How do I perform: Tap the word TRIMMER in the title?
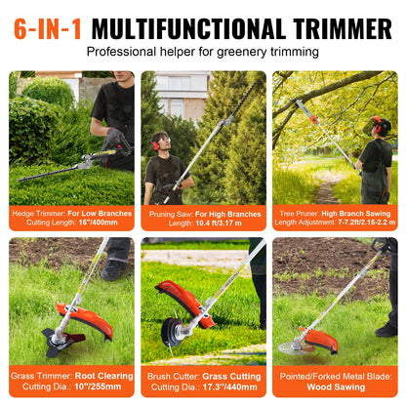point(335,26)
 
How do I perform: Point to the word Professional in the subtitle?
point(123,51)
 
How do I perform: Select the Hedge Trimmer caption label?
point(38,212)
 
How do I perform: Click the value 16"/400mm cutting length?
point(92,223)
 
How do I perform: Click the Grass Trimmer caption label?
point(39,373)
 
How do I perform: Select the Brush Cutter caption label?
point(171,373)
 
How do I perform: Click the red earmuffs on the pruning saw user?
point(156,140)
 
